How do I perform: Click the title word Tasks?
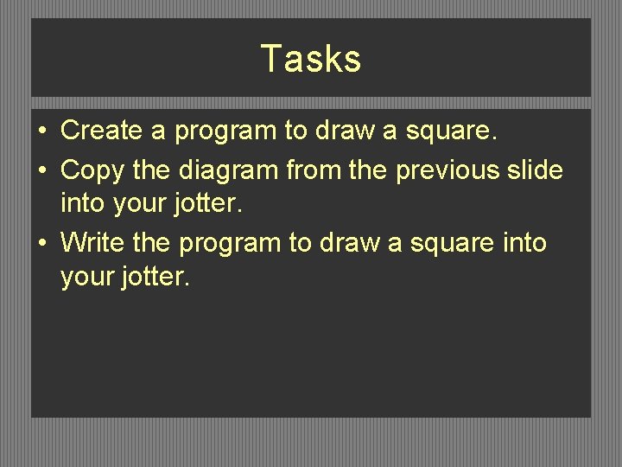(310, 59)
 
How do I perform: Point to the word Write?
(93, 243)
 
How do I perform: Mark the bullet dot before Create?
(42, 131)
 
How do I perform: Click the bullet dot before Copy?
(42, 170)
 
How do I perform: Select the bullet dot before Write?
(42, 244)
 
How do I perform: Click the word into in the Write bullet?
(524, 243)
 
